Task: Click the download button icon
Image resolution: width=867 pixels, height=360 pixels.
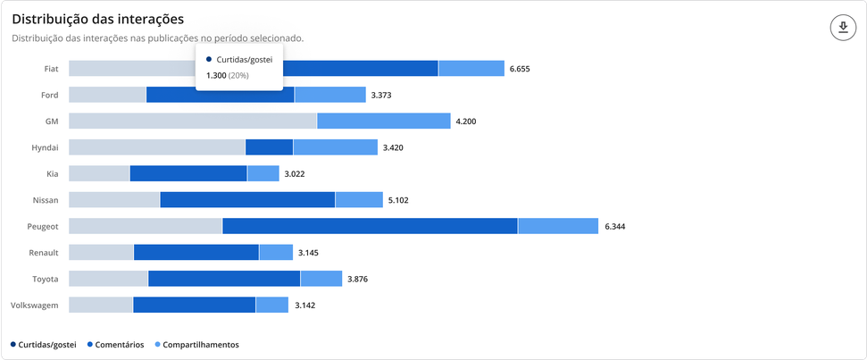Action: (842, 28)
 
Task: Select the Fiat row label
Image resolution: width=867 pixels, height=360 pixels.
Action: (51, 68)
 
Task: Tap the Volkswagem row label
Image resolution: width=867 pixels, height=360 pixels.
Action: (35, 306)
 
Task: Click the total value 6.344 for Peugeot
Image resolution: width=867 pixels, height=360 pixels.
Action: (614, 226)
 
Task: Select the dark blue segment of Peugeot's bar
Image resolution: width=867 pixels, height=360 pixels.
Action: (370, 226)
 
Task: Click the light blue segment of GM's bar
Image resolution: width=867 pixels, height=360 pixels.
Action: (383, 121)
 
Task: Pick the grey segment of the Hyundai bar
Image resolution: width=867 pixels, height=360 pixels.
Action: (156, 147)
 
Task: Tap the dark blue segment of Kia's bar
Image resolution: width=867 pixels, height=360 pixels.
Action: (188, 173)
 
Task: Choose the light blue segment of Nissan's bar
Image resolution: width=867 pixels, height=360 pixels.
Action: (358, 200)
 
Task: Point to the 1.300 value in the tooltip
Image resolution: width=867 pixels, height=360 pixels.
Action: (216, 76)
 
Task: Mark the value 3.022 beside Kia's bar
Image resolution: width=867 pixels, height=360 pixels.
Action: (296, 173)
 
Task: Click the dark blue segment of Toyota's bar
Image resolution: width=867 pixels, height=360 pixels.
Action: (224, 279)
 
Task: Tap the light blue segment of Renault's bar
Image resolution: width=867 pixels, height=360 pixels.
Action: (276, 253)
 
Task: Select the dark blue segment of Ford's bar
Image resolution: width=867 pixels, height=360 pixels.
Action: (221, 95)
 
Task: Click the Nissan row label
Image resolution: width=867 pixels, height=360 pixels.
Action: (45, 200)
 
